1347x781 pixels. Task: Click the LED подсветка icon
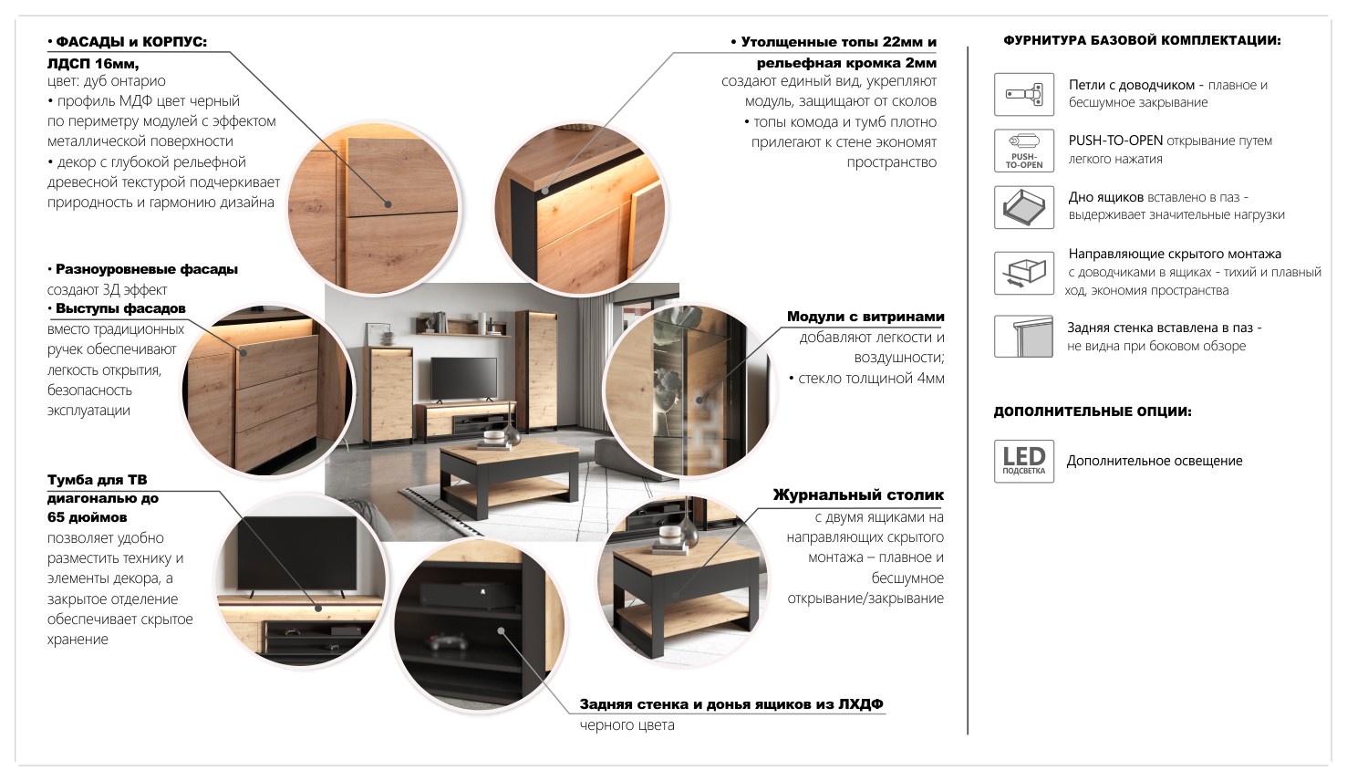point(1023,461)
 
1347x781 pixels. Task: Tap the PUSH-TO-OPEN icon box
point(1023,151)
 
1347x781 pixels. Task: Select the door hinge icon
point(1023,95)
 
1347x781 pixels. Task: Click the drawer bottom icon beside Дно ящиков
point(1023,207)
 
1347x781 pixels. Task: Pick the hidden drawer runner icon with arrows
point(1023,273)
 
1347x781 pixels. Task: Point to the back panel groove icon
point(1023,337)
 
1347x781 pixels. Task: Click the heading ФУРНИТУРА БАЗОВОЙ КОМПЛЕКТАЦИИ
point(1142,41)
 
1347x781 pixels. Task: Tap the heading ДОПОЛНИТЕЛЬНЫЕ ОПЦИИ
point(1092,411)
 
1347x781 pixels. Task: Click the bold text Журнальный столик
point(858,495)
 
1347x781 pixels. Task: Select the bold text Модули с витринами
point(865,317)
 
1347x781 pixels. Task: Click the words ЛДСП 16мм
point(93,63)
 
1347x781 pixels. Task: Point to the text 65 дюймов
point(88,516)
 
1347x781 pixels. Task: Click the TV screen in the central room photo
point(463,377)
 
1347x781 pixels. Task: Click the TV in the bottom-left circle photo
point(297,553)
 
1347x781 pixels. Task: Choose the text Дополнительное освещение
point(1155,461)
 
